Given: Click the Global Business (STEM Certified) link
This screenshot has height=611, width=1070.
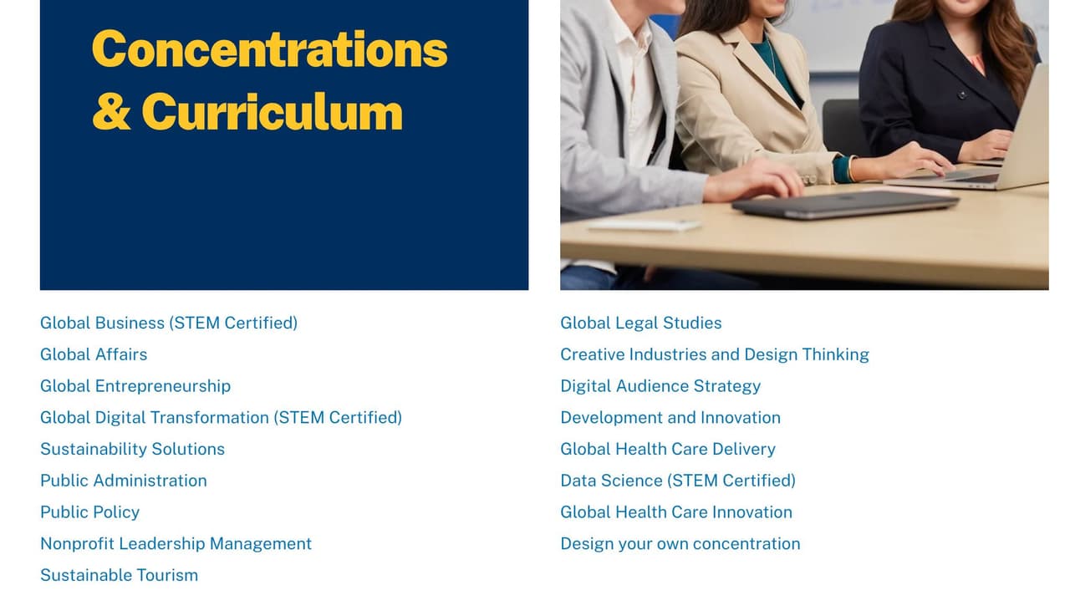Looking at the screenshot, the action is (x=169, y=323).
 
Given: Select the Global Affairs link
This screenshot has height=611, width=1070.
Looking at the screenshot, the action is (x=94, y=354).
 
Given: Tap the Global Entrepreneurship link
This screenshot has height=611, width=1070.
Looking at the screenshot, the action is (x=135, y=386).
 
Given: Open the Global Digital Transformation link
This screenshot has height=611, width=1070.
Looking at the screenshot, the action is (x=222, y=418).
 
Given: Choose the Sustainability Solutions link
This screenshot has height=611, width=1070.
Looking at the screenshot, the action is (x=132, y=450).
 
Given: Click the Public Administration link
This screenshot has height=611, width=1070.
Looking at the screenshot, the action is (x=124, y=481).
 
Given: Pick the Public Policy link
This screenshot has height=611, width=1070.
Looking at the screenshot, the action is (x=89, y=512).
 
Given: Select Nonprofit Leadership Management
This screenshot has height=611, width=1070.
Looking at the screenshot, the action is (x=176, y=544).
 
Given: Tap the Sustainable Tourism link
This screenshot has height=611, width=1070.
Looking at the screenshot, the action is (x=119, y=575).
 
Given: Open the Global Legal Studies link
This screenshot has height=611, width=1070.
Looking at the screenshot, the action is (x=641, y=323).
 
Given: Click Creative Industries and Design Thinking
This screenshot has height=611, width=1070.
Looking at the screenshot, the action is (x=715, y=355).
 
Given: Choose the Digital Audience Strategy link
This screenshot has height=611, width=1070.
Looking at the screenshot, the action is (x=660, y=386).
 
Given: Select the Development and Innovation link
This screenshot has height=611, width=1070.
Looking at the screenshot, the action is (x=670, y=418).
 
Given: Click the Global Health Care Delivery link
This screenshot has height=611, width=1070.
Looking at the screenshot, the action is (x=668, y=450).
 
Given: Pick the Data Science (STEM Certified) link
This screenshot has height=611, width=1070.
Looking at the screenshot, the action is (x=678, y=481).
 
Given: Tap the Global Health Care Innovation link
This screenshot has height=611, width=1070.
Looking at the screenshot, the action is (x=676, y=512).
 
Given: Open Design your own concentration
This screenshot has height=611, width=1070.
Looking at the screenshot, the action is (x=680, y=544).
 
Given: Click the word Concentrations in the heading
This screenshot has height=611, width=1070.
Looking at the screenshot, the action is (x=270, y=49).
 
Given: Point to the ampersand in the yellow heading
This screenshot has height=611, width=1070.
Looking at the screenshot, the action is (x=111, y=111).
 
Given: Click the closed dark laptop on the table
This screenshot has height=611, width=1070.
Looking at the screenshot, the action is (x=845, y=205).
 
